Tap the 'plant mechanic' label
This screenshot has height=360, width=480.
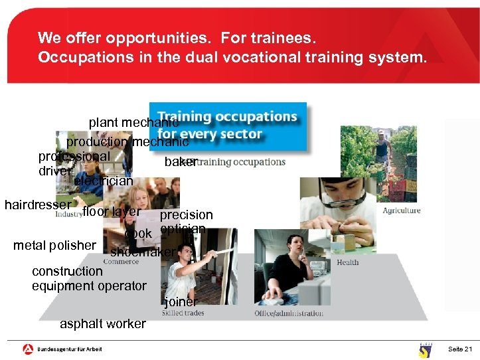pyautogui.click(x=133, y=123)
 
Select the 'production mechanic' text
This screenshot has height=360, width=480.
pyautogui.click(x=127, y=141)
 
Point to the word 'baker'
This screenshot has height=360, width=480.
pyautogui.click(x=181, y=161)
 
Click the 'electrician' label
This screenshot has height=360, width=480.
pyautogui.click(x=104, y=181)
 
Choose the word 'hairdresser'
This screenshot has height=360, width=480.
pyautogui.click(x=37, y=205)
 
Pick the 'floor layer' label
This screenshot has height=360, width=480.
pyautogui.click(x=111, y=212)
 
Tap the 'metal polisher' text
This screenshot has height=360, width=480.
pyautogui.click(x=54, y=245)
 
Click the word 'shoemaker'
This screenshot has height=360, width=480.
pyautogui.click(x=143, y=252)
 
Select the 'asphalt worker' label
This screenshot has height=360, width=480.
pyautogui.click(x=103, y=324)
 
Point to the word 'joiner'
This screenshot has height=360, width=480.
pyautogui.click(x=181, y=302)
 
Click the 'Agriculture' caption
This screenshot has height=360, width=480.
pyautogui.click(x=401, y=211)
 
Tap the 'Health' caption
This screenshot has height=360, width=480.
pyautogui.click(x=347, y=262)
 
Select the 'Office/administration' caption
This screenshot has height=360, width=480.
pyautogui.click(x=289, y=314)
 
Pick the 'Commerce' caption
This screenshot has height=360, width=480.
pyautogui.click(x=121, y=262)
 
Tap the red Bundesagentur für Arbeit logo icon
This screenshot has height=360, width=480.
pyautogui.click(x=28, y=349)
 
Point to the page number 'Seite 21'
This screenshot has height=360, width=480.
pyautogui.click(x=460, y=349)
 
